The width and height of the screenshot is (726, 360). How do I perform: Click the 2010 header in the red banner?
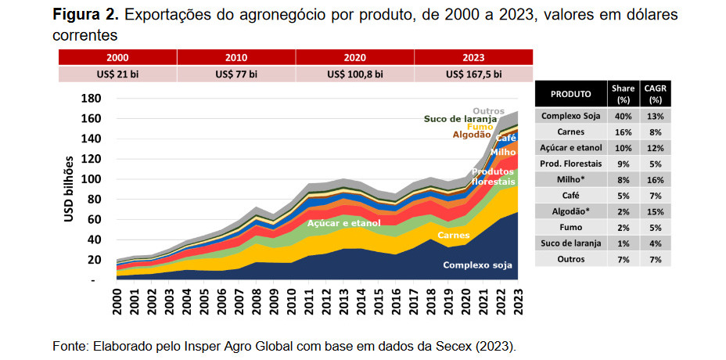236,58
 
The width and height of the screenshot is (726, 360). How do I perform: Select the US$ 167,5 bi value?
473,74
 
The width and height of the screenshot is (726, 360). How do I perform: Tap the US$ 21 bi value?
118,74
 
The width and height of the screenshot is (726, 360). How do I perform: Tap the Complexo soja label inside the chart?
477,265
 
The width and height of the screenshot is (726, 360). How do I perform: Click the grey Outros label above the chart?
489,110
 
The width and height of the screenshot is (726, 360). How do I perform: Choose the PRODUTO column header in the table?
570,93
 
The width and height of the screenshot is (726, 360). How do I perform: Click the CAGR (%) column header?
655,93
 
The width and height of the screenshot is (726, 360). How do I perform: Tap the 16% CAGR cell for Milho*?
655,179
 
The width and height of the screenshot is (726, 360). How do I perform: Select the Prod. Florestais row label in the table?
570,164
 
